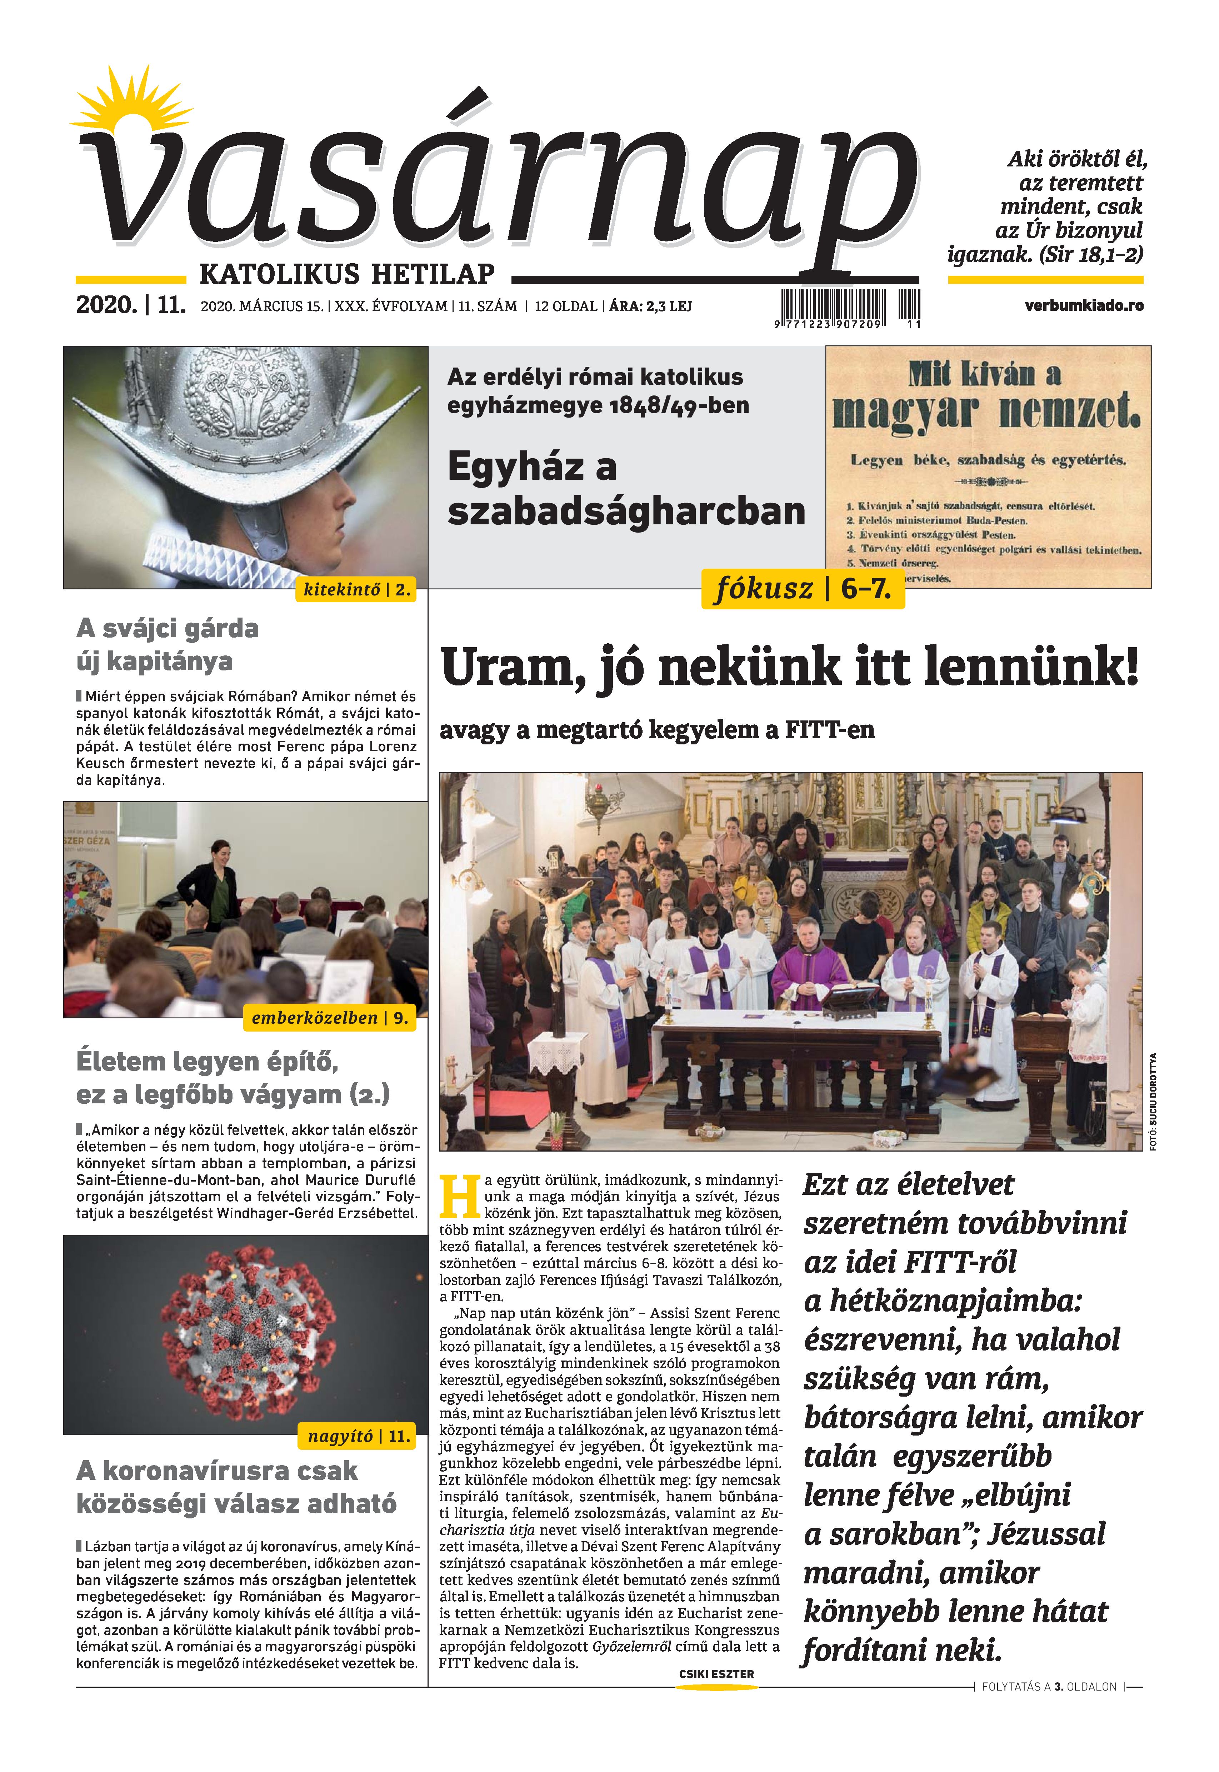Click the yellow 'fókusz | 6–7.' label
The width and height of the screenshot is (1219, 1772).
[x=802, y=589]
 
